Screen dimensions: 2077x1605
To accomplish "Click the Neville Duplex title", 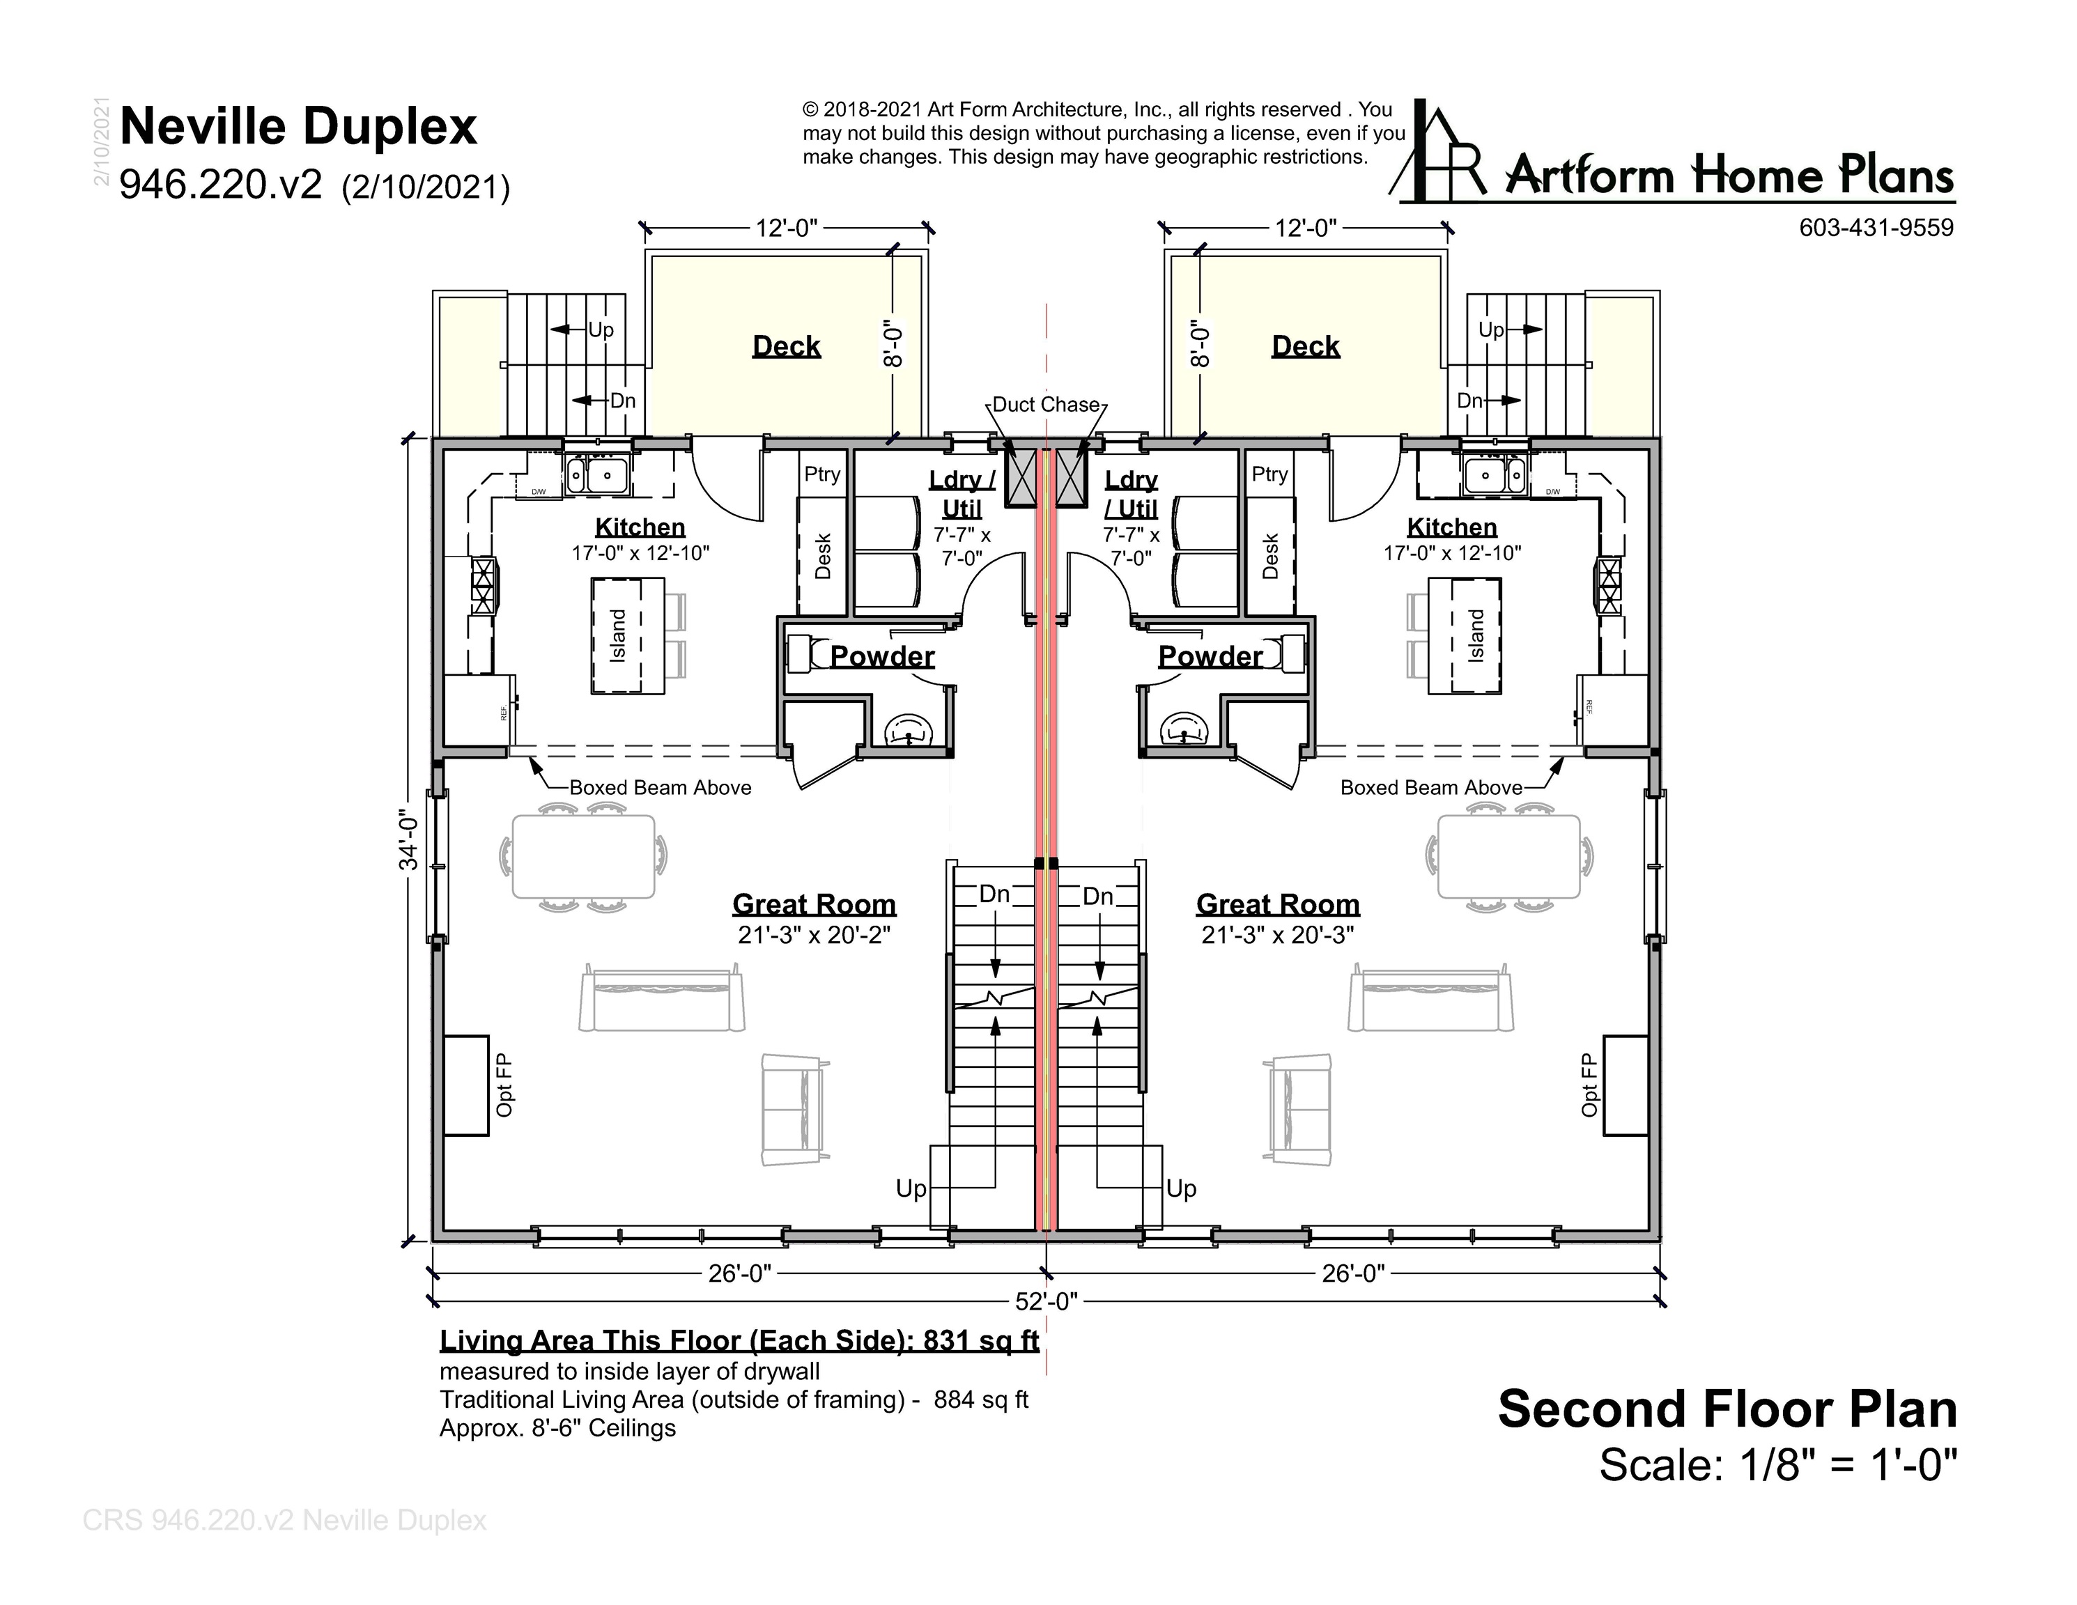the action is pos(299,127).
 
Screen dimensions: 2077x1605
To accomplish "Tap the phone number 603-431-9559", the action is pos(1876,228).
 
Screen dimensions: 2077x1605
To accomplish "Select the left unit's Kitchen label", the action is pos(640,527).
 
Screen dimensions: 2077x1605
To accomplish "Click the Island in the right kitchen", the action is pos(1465,636).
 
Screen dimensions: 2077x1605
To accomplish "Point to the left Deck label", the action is pos(787,346).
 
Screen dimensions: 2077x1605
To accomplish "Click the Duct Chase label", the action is pos(1046,404).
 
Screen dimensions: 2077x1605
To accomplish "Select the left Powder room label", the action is pos(883,656).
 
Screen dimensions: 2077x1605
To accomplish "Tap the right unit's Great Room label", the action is pos(1278,904).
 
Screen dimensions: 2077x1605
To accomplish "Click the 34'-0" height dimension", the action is pos(408,839).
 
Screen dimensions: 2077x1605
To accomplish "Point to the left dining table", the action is pos(583,857).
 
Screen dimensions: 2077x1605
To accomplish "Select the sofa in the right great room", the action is pos(1430,998).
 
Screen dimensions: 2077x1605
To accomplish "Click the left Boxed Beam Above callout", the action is pos(660,787).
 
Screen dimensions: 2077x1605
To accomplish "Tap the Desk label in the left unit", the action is pos(824,556).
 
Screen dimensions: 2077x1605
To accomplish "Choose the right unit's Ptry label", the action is pos(1269,474).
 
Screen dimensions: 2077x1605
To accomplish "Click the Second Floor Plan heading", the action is pos(1727,1409).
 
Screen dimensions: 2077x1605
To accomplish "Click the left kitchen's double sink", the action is pos(596,474).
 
